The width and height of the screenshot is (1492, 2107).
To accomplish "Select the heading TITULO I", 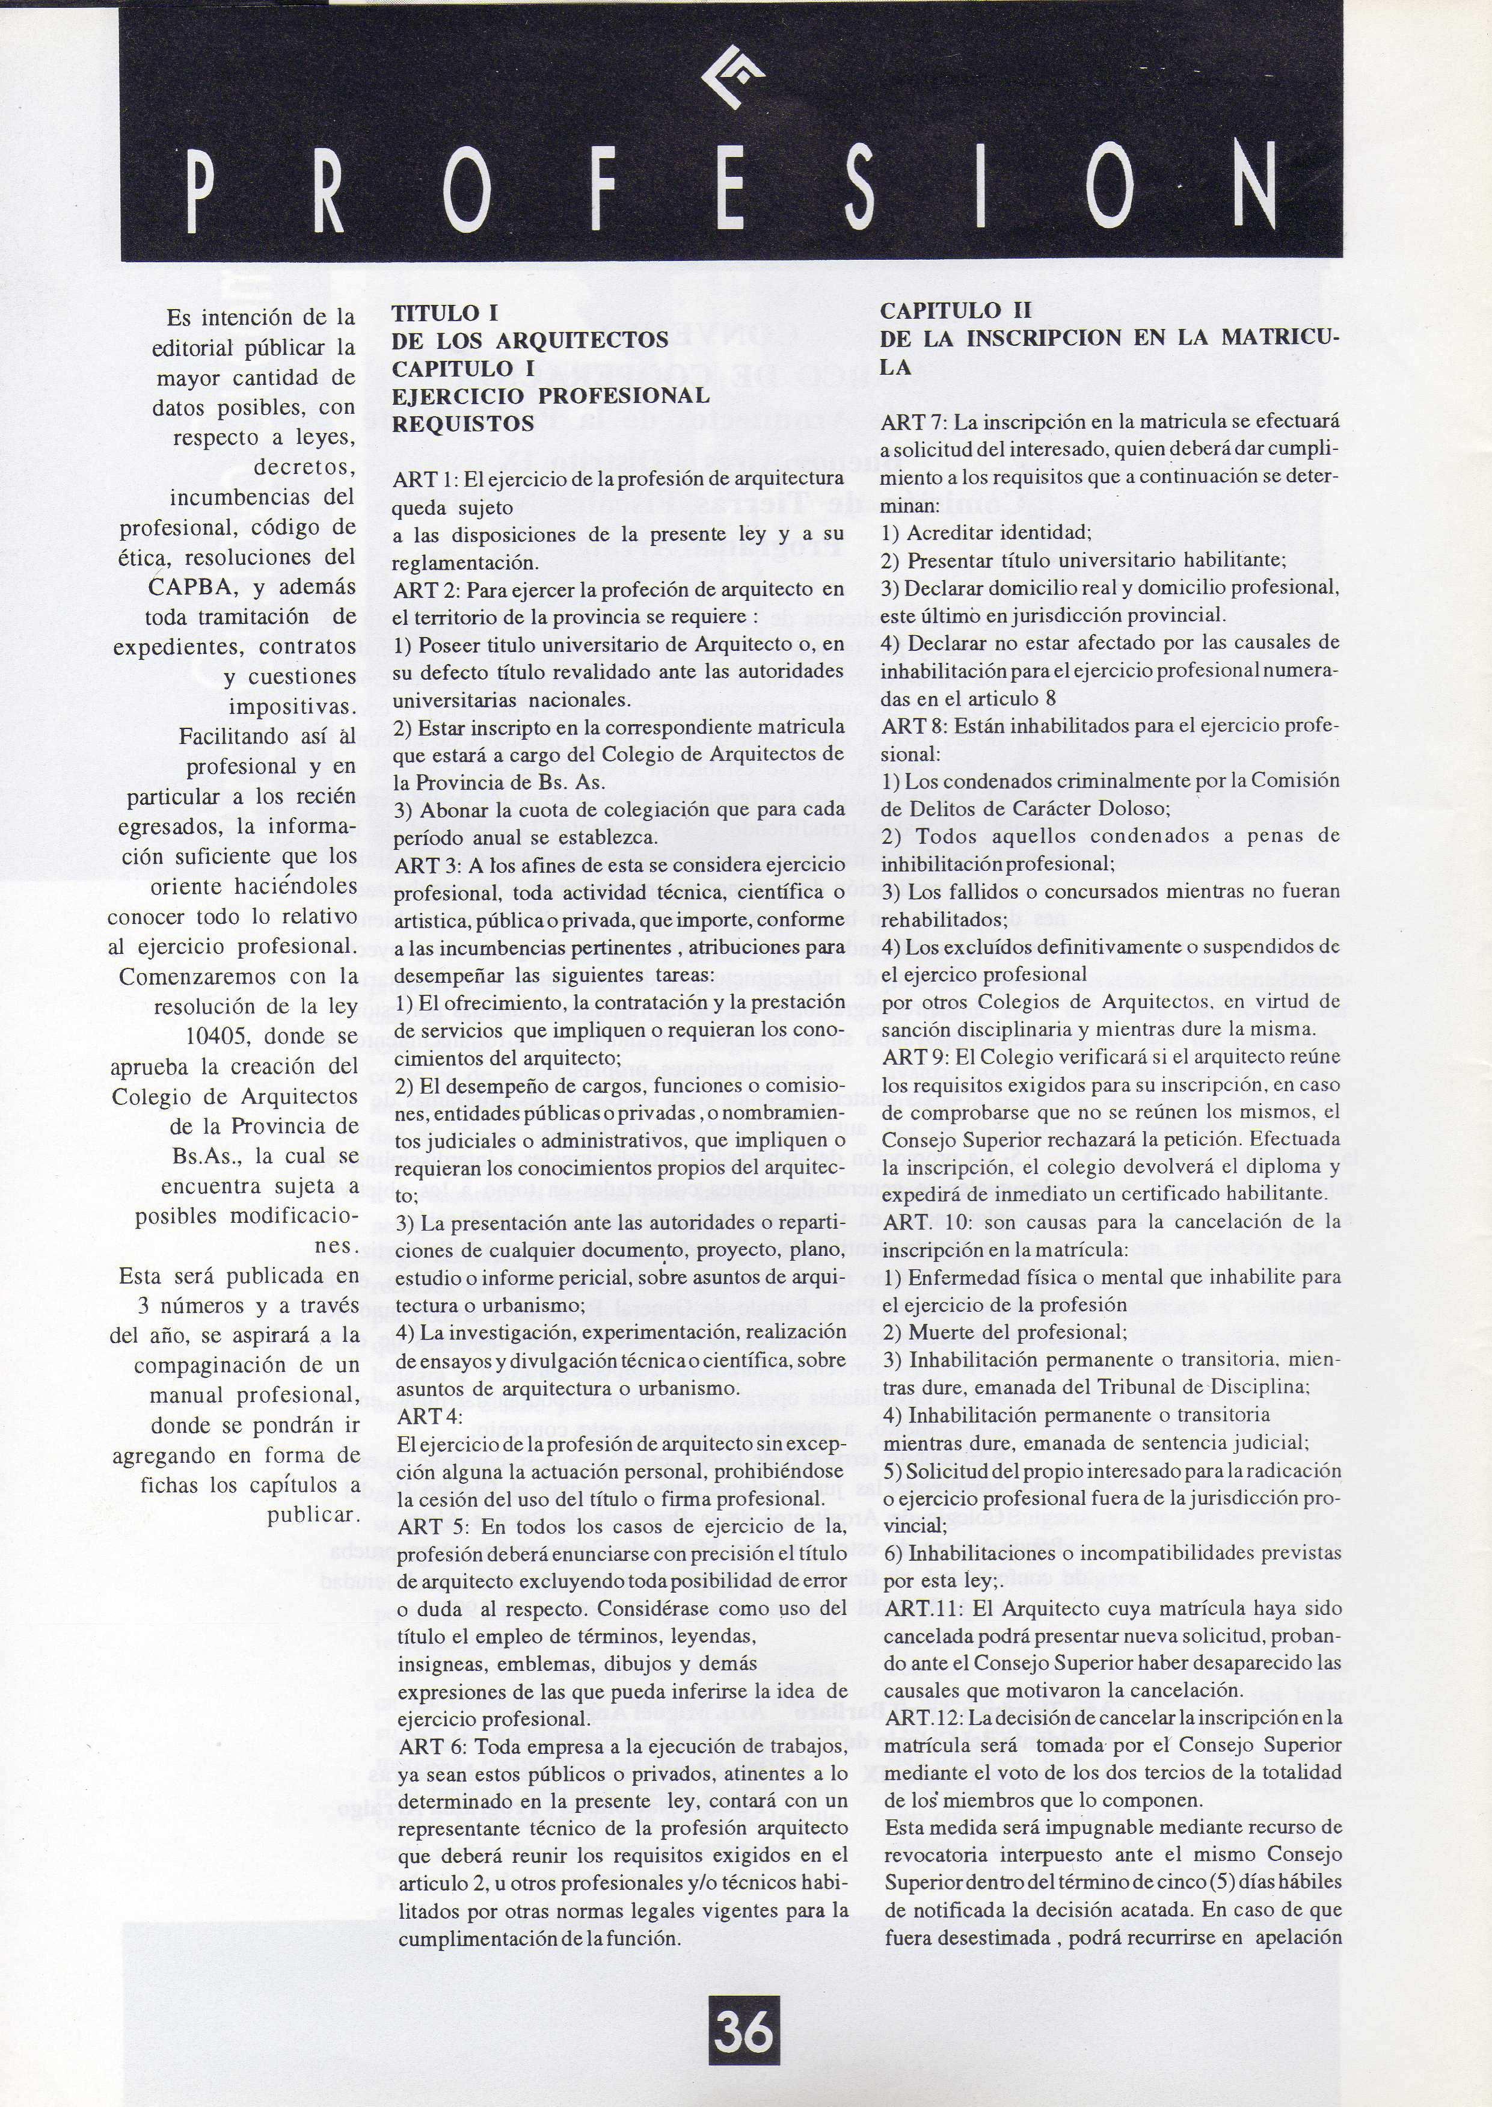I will tap(444, 312).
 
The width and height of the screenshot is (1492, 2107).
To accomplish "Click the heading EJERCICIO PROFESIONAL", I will tap(550, 396).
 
